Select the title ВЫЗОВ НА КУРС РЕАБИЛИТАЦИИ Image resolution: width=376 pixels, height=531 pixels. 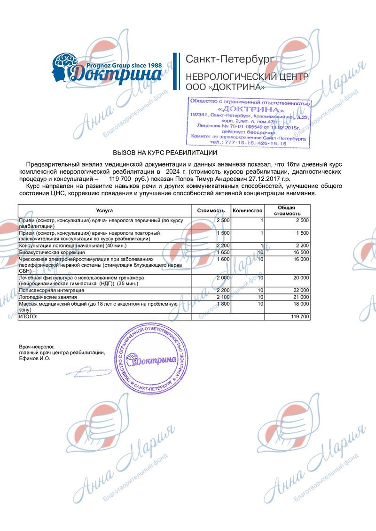[164, 153]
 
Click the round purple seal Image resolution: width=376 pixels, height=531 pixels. [149, 359]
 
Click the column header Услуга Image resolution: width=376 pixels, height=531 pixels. [104, 211]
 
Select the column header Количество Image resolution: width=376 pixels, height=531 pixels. [247, 211]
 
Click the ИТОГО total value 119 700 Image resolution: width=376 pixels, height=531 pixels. [299, 317]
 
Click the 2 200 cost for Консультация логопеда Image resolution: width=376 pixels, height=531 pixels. [223, 246]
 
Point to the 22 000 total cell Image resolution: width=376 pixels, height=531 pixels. [298, 291]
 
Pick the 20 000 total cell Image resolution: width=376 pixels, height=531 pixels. [298, 278]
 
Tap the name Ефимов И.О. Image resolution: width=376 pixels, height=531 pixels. [34, 358]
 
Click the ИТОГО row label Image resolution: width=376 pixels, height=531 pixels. [28, 317]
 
